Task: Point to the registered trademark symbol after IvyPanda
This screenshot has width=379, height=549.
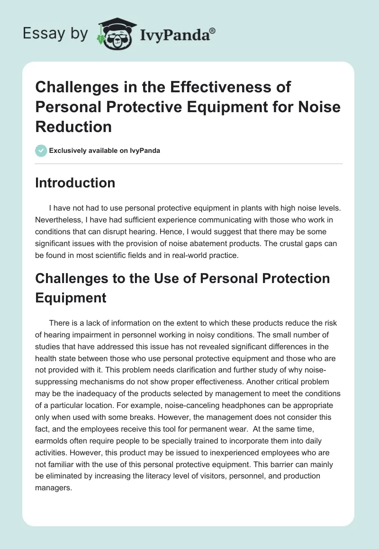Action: click(x=213, y=31)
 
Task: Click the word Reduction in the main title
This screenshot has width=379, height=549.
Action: click(x=73, y=127)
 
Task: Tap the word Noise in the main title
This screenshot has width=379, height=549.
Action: click(x=316, y=107)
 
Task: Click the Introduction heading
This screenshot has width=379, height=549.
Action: click(x=75, y=183)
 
